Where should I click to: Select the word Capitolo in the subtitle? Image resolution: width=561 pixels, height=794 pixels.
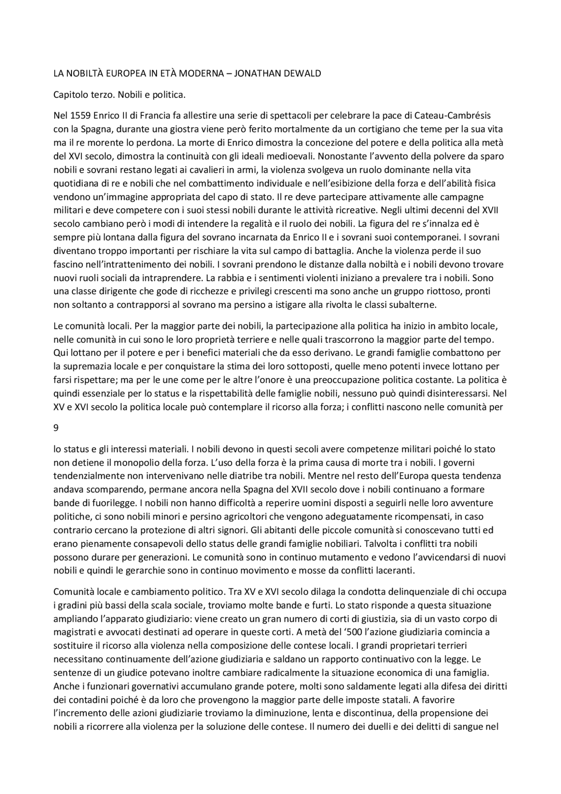click(69, 94)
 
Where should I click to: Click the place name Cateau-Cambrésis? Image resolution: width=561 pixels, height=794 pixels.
click(454, 115)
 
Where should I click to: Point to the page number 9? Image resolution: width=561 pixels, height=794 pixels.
click(56, 428)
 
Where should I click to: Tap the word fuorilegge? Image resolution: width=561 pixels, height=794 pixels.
click(102, 503)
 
